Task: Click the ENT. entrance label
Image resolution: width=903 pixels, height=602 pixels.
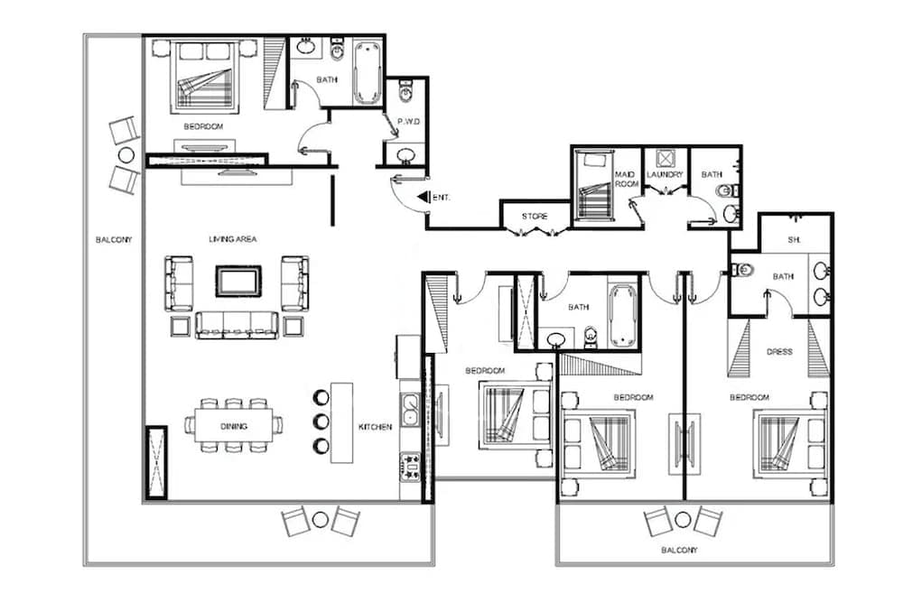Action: (x=442, y=197)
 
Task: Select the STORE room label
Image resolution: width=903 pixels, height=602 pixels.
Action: (x=535, y=217)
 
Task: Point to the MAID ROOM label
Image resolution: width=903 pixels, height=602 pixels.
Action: (x=626, y=179)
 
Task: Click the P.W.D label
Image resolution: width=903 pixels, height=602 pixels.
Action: (x=406, y=121)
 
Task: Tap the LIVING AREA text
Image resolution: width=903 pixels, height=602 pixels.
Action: (x=234, y=239)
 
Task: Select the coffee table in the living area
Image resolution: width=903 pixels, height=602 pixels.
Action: (x=238, y=281)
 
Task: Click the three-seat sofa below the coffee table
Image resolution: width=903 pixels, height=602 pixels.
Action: (x=237, y=325)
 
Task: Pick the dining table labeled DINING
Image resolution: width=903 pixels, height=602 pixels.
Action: (x=234, y=425)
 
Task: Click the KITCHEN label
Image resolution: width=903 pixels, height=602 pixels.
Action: (x=376, y=426)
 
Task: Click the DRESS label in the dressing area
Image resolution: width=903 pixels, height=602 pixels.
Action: (x=779, y=352)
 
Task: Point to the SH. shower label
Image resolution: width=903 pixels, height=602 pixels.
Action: (x=795, y=240)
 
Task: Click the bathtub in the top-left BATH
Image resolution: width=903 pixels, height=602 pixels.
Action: (x=368, y=70)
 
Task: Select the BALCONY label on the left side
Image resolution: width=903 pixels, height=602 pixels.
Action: (x=114, y=240)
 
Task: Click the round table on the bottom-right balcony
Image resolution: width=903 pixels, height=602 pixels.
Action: (x=683, y=520)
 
